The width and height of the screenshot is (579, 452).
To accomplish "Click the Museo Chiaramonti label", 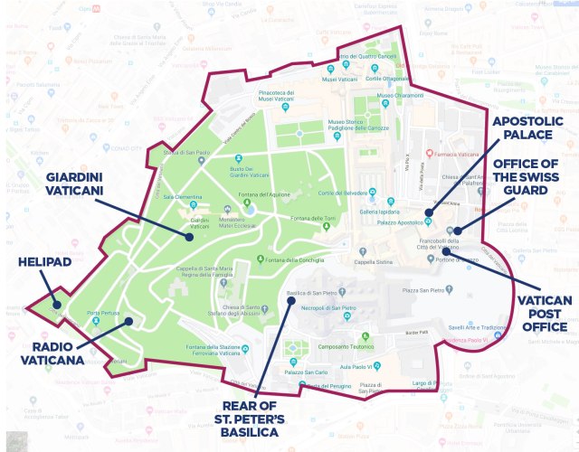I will pyautogui.click(x=398, y=96).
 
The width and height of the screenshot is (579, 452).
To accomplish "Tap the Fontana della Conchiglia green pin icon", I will pyautogui.click(x=260, y=260).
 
